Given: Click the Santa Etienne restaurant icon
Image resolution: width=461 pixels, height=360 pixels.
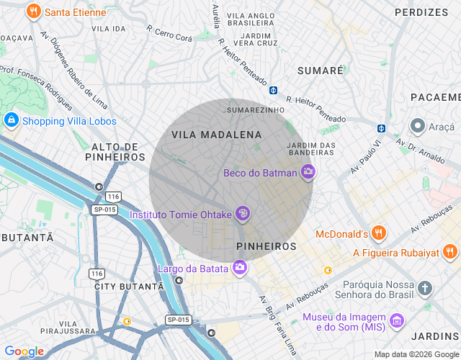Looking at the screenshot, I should [x=33, y=12].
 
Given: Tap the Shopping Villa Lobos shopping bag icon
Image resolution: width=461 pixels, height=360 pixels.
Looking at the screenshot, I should [x=11, y=120].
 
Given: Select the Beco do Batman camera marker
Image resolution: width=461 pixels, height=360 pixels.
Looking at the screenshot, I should [x=308, y=172].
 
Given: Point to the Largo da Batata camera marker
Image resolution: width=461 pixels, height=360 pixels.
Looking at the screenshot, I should [x=239, y=269].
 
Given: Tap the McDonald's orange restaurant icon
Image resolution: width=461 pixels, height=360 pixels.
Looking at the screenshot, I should [x=380, y=233].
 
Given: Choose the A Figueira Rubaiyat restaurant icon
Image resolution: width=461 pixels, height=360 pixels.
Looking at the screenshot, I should [x=450, y=252].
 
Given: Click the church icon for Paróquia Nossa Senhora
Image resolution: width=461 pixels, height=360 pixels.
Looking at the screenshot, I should [x=426, y=289].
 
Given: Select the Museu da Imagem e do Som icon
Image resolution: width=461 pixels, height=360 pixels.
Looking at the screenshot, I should [x=396, y=320].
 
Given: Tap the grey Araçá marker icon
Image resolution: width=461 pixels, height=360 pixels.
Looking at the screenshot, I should [x=417, y=126].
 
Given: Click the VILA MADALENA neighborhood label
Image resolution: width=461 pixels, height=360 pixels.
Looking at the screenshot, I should [x=216, y=135].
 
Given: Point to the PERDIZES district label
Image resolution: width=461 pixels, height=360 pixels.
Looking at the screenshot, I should [x=421, y=12].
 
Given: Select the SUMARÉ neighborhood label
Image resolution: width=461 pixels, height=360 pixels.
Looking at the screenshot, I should [x=321, y=71].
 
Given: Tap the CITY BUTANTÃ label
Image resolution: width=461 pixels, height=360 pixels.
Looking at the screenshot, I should [x=129, y=286].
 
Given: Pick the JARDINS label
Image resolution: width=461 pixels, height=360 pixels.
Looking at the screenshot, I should [x=435, y=336].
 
